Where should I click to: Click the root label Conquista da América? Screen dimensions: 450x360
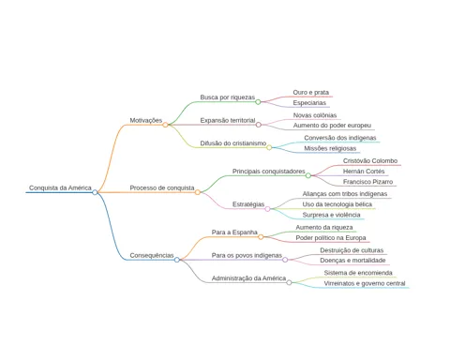coord(60,187)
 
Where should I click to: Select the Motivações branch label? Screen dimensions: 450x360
coord(146,120)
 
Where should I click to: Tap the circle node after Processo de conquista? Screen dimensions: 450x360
coord(198,192)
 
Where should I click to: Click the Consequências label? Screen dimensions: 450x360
coord(152,255)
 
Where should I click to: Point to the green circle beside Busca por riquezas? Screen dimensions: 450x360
coord(258,101)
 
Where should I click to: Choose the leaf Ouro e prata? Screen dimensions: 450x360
coord(311,93)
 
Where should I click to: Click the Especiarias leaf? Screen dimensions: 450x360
coord(309,103)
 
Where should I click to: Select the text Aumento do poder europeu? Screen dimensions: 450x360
coord(332,126)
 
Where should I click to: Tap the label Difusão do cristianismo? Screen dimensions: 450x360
coord(233,143)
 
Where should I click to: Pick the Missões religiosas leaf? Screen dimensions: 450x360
coord(330,148)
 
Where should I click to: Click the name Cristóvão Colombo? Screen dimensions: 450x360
coord(370,161)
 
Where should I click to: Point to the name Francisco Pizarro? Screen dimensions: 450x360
coord(367,182)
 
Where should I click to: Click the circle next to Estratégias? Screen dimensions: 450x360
coord(267,209)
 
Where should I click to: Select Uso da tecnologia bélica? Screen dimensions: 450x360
coord(337,204)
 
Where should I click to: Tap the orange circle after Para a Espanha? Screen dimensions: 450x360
coord(261,237)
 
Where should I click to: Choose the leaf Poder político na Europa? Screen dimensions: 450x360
coord(331,238)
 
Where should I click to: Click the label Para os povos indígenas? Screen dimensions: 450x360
coord(247,256)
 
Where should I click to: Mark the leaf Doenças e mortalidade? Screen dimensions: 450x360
coord(352,261)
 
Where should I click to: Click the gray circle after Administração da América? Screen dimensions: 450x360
coord(289,282)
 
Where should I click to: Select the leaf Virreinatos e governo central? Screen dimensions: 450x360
coord(365,283)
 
